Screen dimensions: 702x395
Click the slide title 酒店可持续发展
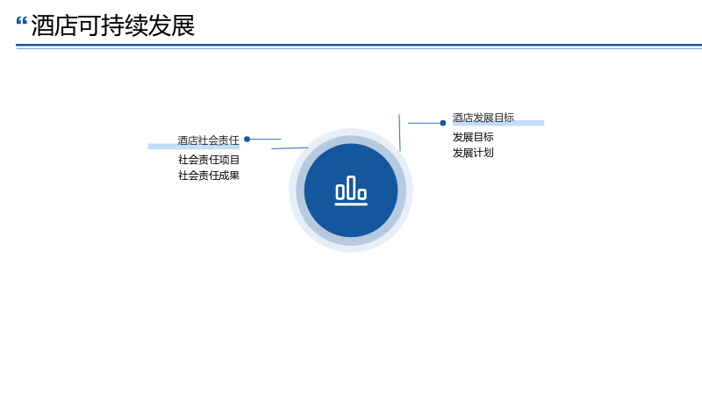113,25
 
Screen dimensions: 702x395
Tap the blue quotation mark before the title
21,20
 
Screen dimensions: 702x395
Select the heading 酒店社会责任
208,140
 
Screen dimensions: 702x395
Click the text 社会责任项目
209,160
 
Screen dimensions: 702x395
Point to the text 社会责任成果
209,176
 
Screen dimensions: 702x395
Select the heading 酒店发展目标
484,118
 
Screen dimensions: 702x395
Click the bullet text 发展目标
473,137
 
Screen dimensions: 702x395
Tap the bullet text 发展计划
473,153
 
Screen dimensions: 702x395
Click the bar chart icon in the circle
351,190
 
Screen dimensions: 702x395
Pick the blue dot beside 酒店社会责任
247,140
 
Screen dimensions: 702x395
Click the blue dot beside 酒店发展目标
443,123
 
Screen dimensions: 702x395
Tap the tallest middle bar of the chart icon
351,187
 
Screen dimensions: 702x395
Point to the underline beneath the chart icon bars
351,205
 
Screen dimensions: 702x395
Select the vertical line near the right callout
399,133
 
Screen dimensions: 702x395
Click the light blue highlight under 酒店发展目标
498,123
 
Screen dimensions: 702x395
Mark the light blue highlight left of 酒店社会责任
194,147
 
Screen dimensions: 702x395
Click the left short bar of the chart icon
340,192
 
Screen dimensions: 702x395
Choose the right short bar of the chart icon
362,194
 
